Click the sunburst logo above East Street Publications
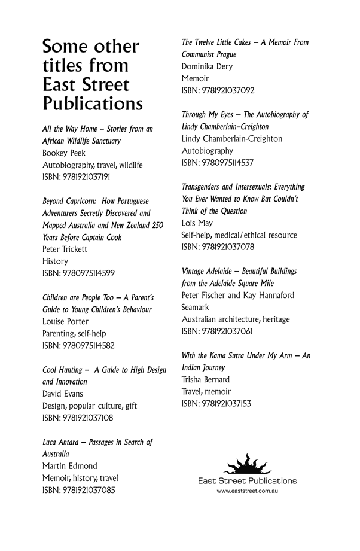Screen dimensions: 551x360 point(247,464)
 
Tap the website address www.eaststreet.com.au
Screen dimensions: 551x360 point(247,491)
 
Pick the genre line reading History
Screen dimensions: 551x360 point(56,261)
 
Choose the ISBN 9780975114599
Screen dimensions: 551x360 point(78,273)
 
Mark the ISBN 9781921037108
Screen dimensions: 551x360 point(78,418)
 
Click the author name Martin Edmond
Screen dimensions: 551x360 point(70,466)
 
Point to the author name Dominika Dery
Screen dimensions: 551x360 point(207,66)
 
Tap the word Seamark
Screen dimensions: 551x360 point(195,307)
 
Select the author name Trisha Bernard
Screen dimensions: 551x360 point(205,380)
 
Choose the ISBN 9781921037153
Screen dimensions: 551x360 point(216,404)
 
